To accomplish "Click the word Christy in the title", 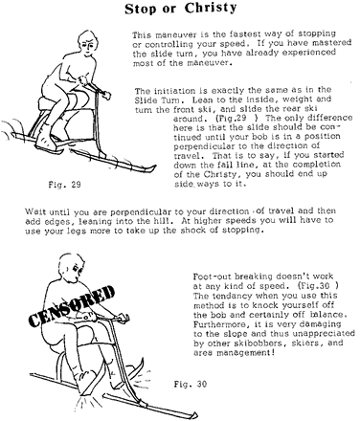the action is (211, 9).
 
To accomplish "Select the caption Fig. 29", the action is (64, 185).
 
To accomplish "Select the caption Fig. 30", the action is (191, 384).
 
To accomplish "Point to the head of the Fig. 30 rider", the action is (71, 267).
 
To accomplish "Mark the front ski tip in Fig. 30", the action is (191, 415).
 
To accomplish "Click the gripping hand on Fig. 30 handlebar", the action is (123, 318).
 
